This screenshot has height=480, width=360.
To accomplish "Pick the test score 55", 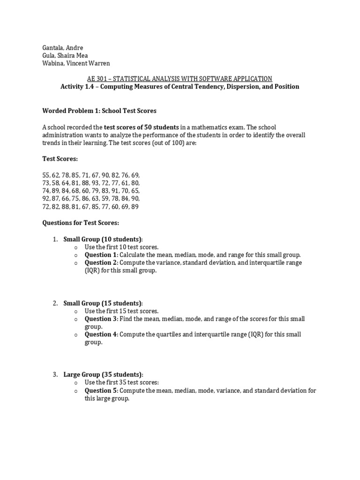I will pos(46,175).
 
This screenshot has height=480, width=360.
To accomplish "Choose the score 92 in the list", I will pos(46,199).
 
